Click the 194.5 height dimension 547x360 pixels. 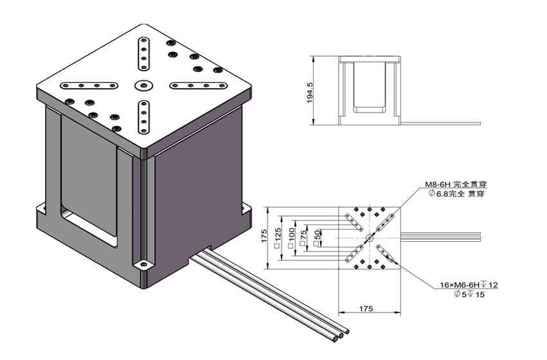[x=309, y=92]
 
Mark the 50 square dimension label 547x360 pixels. [x=317, y=237]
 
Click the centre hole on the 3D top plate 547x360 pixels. [x=141, y=84]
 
